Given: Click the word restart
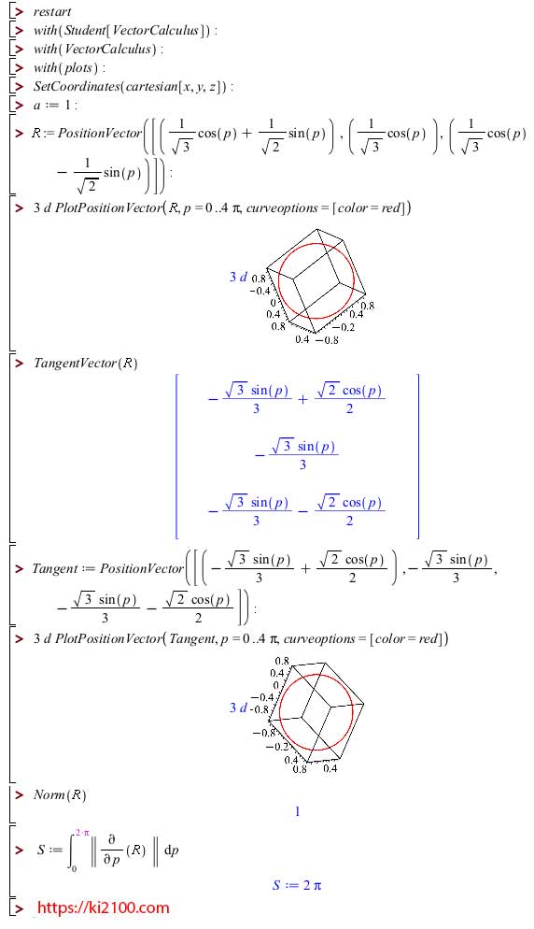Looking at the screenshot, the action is tap(52, 12).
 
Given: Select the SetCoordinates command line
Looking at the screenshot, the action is tap(133, 87).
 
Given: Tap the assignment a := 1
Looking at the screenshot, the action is tap(55, 106).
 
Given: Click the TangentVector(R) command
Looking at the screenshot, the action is tap(85, 364).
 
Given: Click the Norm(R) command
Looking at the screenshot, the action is tap(60, 795).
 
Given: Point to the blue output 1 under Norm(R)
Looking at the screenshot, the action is tap(297, 811).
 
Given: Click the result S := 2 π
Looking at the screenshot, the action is tap(297, 885).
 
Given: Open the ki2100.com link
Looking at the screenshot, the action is tap(103, 908).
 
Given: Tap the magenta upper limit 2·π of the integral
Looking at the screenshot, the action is tap(82, 833).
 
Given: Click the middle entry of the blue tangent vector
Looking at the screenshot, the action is tap(297, 455).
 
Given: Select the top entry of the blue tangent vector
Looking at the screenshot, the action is tap(297, 399).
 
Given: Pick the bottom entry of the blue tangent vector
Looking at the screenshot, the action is tap(297, 510).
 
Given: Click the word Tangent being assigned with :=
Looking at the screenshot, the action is tap(55, 569).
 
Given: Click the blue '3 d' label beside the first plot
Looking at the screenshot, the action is tap(239, 277).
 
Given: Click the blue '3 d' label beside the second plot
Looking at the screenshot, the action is tap(239, 707).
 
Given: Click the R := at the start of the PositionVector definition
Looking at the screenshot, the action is tap(43, 134).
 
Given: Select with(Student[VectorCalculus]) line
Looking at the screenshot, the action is tap(125, 31).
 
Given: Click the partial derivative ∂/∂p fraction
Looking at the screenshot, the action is tap(111, 850).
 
